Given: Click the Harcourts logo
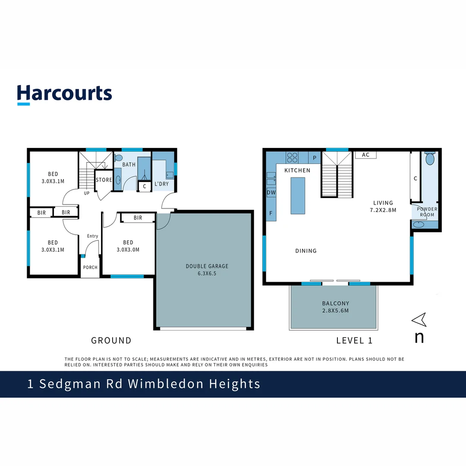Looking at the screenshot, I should click(65, 94).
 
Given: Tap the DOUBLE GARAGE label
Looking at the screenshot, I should click(207, 270).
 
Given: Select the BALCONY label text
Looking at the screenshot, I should click(335, 307).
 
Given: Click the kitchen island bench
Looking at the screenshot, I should click(298, 195).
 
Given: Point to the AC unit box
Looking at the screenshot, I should click(366, 155).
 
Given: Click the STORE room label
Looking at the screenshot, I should click(104, 180).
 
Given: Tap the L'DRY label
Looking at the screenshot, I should click(161, 184).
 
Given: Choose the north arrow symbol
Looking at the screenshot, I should click(419, 320).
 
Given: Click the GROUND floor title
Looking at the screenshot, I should click(111, 340).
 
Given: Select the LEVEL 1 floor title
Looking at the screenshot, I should click(354, 340).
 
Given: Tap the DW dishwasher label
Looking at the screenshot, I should click(271, 192).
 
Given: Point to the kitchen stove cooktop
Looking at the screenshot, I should click(292, 157).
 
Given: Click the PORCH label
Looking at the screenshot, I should click(90, 268).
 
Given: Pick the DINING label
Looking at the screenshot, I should click(306, 251).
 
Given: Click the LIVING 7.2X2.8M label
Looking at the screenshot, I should click(383, 206).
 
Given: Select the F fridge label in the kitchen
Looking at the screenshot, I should click(271, 213).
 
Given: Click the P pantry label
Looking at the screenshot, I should click(315, 157).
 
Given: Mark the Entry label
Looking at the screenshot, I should click(92, 236).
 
